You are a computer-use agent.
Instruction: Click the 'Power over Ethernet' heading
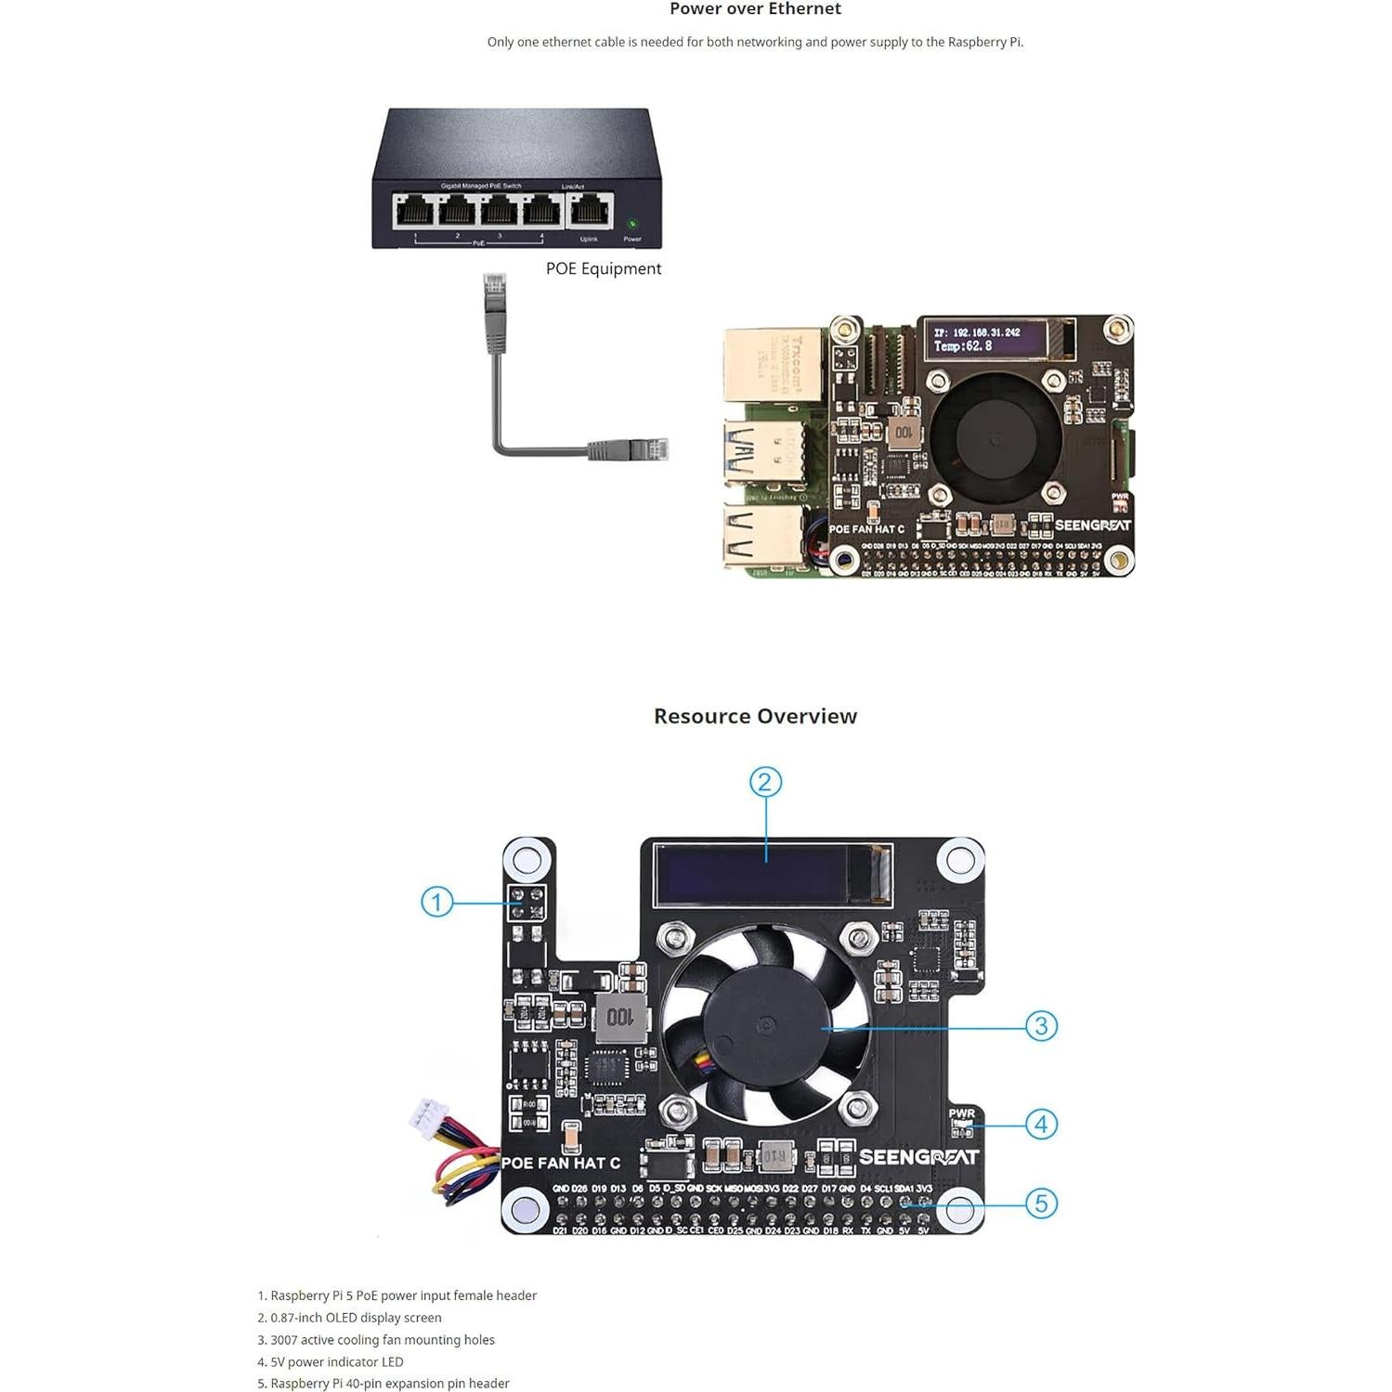pos(755,9)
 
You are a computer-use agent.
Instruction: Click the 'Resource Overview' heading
pos(755,716)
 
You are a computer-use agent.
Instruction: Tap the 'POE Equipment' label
pos(603,268)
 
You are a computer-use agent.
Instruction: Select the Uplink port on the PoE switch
pos(590,212)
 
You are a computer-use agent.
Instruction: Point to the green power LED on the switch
pos(632,224)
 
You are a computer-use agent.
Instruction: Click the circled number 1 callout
pos(436,902)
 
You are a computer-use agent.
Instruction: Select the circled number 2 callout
pos(765,782)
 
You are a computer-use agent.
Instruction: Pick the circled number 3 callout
pos(1041,1026)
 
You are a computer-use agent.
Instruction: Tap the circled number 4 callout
pos(1041,1125)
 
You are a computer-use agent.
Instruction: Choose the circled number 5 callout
pos(1041,1203)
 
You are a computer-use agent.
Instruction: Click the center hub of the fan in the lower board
pos(766,1026)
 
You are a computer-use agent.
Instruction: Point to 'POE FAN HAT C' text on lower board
pos(561,1163)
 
